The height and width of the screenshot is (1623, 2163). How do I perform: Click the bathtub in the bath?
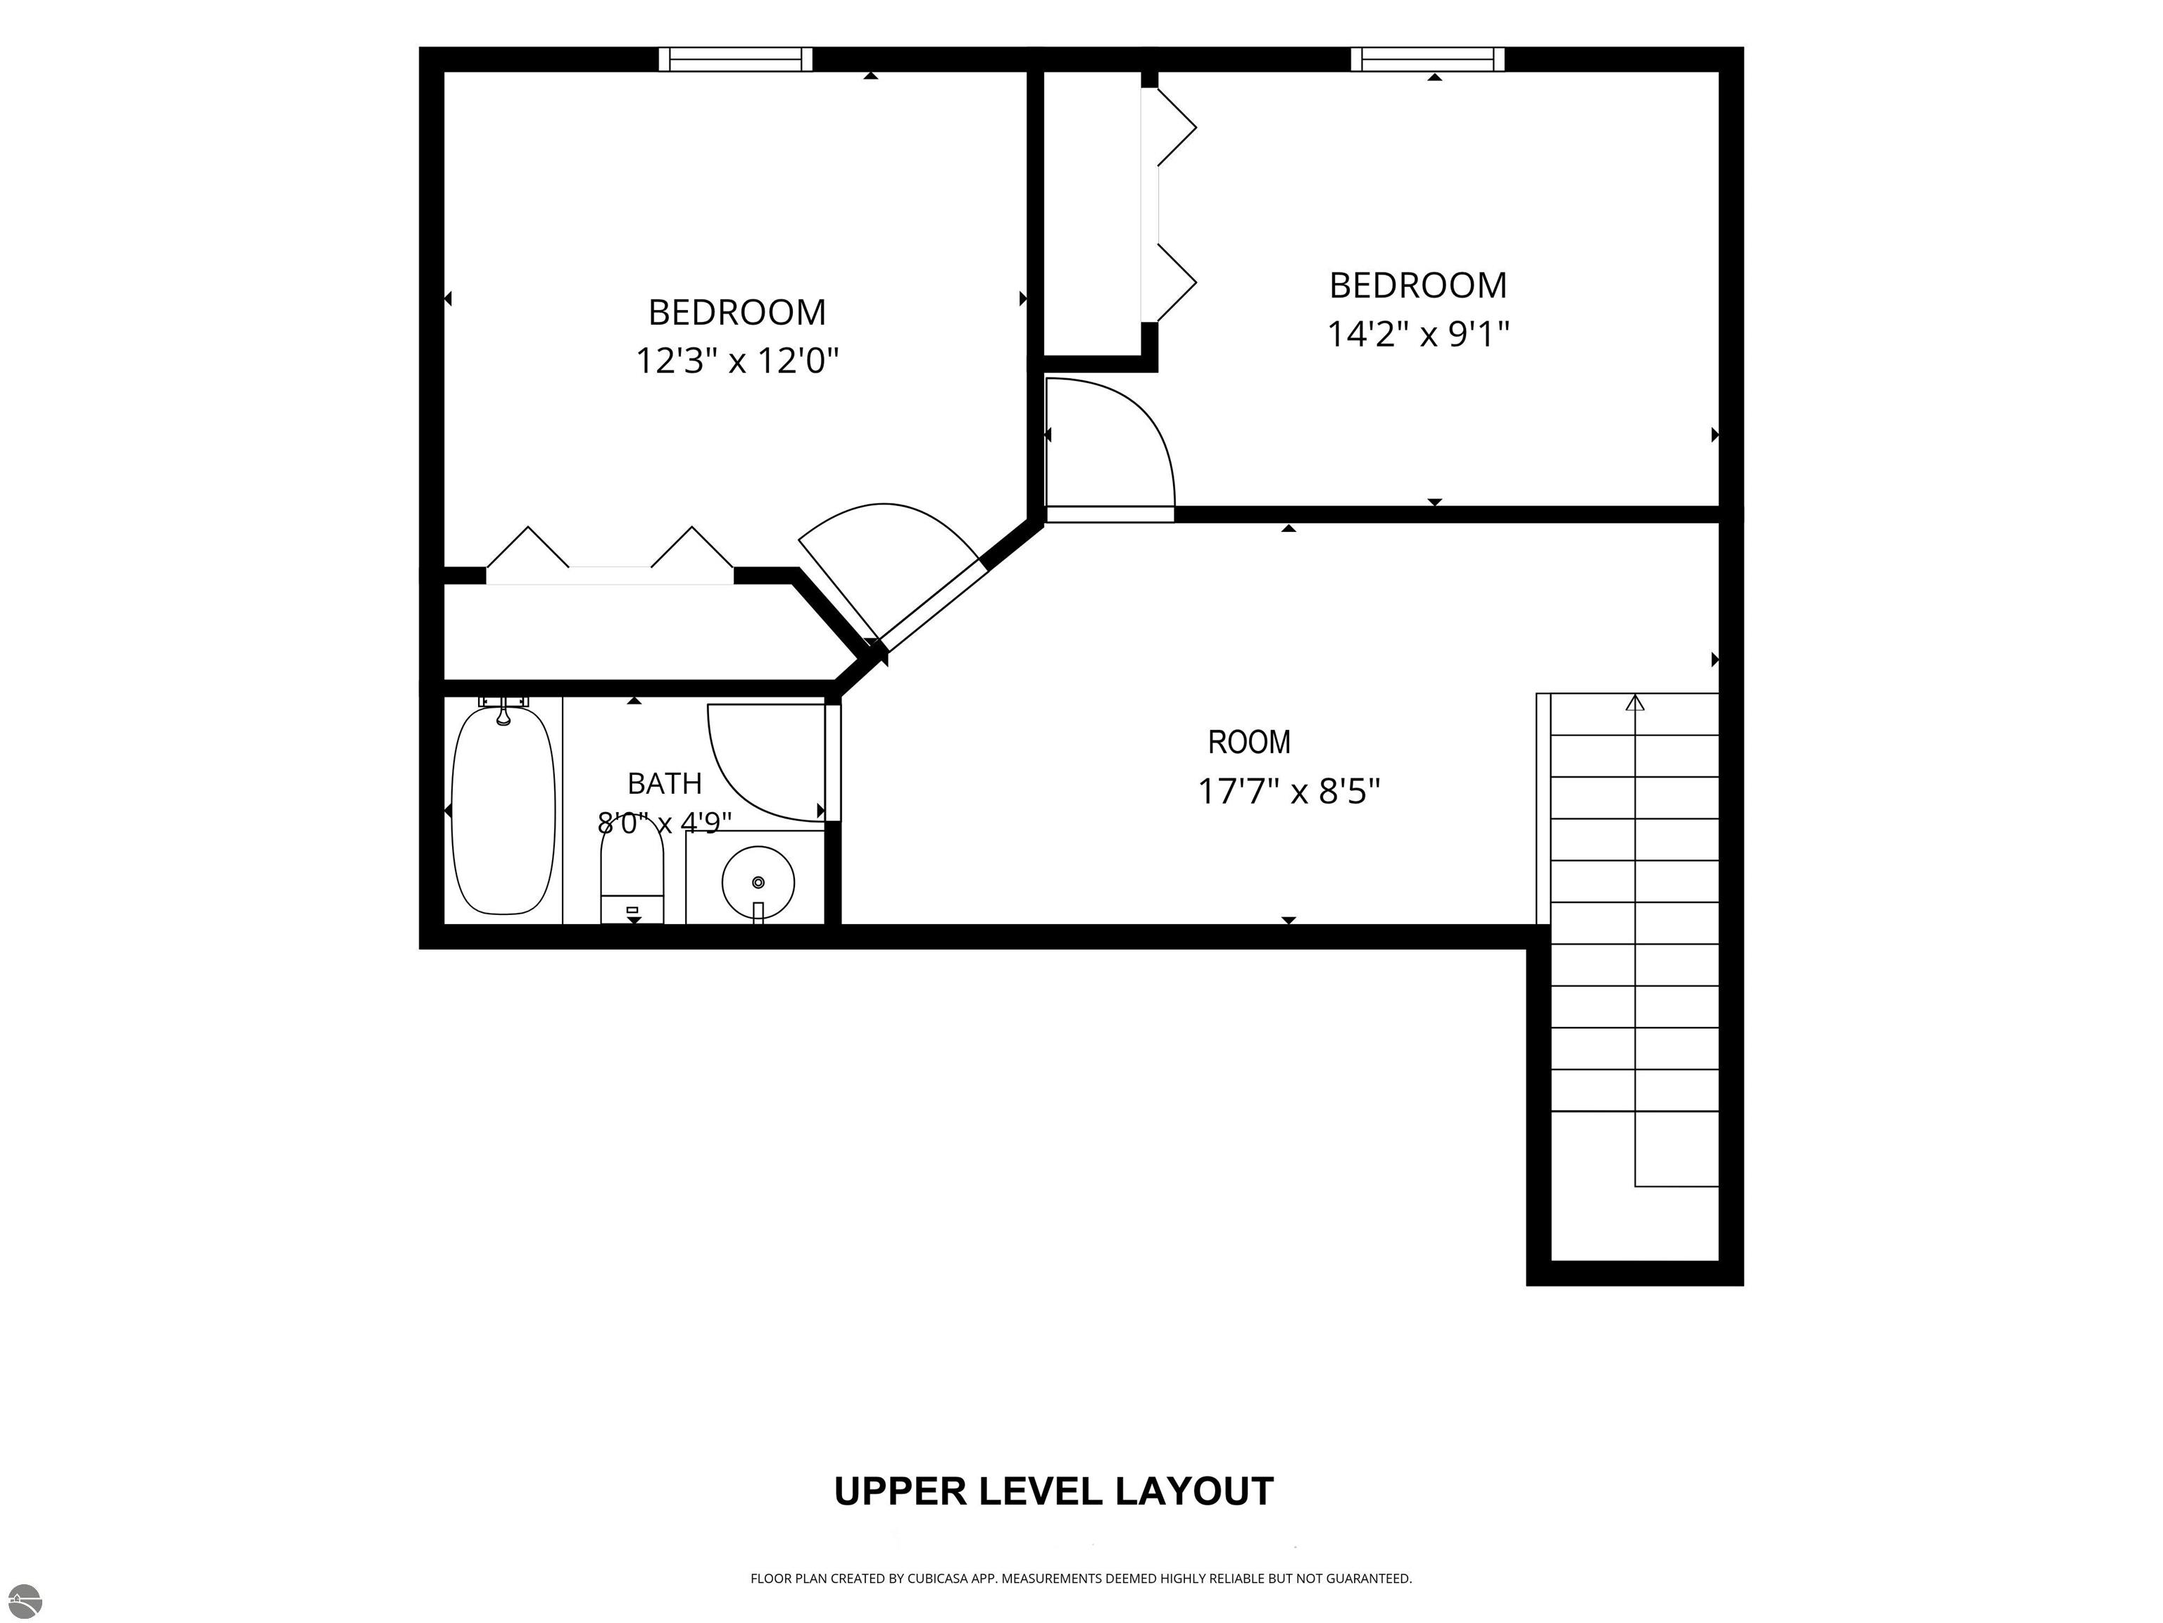point(503,810)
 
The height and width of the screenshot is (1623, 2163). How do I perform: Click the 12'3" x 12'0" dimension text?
point(737,361)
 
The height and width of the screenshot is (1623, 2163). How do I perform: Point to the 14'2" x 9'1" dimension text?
point(1418,335)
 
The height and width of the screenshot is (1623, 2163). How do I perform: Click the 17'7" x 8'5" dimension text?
point(1289,790)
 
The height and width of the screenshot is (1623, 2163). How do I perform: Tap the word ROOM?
point(1248,742)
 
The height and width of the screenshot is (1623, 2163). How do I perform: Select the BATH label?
point(664,783)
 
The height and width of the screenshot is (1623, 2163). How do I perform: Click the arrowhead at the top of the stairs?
point(1635,702)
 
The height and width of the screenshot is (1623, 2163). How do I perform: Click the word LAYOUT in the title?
point(1195,1492)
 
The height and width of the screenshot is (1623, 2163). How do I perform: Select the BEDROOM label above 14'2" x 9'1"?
point(1418,286)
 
